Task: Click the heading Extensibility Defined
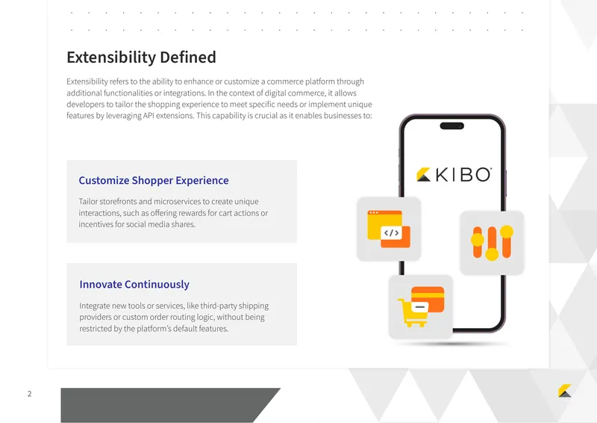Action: pyautogui.click(x=141, y=58)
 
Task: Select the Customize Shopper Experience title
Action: pyautogui.click(x=154, y=180)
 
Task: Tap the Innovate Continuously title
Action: pyautogui.click(x=134, y=285)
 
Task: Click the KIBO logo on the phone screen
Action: pyautogui.click(x=454, y=175)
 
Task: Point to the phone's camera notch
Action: pyautogui.click(x=452, y=126)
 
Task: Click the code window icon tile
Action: pyautogui.click(x=389, y=229)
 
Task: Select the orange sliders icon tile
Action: pyautogui.click(x=492, y=243)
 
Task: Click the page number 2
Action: pyautogui.click(x=29, y=394)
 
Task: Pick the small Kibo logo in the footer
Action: pyautogui.click(x=565, y=391)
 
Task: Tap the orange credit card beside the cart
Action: pyautogui.click(x=428, y=299)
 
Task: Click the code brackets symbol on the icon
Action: pyautogui.click(x=391, y=232)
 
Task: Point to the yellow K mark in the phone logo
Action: pyautogui.click(x=423, y=174)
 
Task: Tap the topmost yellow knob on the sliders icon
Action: pyautogui.click(x=507, y=232)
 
